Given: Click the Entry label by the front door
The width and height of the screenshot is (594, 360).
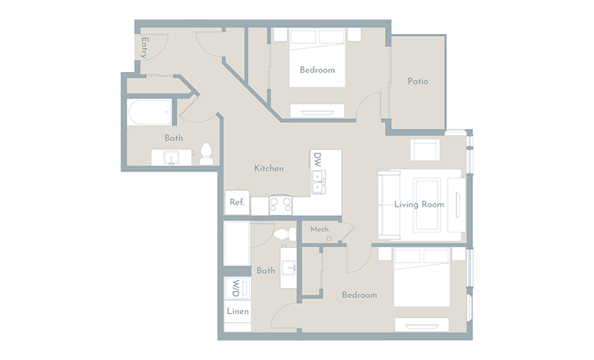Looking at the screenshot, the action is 144,48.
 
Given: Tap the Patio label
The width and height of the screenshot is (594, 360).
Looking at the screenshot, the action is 418,81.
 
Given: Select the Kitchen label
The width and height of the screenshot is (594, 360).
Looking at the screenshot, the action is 269,168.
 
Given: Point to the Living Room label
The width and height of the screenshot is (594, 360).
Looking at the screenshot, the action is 419,204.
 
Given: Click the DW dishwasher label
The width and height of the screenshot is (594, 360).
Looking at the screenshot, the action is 317,160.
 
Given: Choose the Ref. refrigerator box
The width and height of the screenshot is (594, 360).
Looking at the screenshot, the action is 237,202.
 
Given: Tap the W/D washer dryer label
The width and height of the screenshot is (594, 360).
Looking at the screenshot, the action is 235,289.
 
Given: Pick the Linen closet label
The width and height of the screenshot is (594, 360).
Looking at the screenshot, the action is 238,311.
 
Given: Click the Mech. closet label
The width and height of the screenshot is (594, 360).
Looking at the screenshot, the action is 320,229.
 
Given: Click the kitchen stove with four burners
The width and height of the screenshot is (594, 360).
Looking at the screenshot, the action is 281,205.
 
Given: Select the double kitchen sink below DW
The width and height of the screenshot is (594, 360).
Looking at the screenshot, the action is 318,182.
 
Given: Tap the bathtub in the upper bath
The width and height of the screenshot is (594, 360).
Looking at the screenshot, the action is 149,112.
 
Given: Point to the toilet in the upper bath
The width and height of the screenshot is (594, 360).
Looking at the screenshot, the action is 206,153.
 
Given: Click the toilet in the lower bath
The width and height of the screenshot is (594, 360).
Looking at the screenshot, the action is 285,234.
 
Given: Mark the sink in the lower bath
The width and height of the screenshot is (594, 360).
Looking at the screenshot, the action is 289,267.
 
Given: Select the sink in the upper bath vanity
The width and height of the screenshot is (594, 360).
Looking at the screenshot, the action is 171,157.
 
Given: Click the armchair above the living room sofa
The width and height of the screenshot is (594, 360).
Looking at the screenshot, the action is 425,150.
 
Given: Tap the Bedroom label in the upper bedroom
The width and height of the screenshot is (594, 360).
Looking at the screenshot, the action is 318,70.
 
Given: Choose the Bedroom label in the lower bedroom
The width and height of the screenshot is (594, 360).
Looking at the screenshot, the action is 359,295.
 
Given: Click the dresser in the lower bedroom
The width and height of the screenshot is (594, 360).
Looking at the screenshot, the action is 422,325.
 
